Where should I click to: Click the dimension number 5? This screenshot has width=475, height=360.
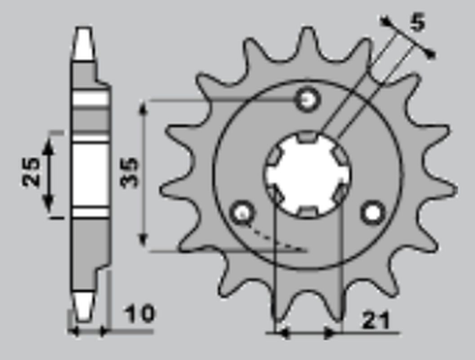[418, 23]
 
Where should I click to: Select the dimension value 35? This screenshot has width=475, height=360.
[130, 172]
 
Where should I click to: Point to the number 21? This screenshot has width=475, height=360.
[376, 320]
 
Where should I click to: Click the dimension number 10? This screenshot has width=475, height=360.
[139, 314]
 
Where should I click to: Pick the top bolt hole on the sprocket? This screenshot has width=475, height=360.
[308, 99]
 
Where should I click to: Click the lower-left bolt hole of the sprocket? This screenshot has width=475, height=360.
[242, 213]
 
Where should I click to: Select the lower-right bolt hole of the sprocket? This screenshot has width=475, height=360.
[373, 212]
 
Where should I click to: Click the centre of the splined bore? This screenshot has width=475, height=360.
[308, 175]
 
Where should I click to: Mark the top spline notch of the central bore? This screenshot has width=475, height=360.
[308, 137]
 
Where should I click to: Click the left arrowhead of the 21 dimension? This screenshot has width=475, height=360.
[281, 333]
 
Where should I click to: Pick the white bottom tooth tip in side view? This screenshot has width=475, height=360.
[83, 306]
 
